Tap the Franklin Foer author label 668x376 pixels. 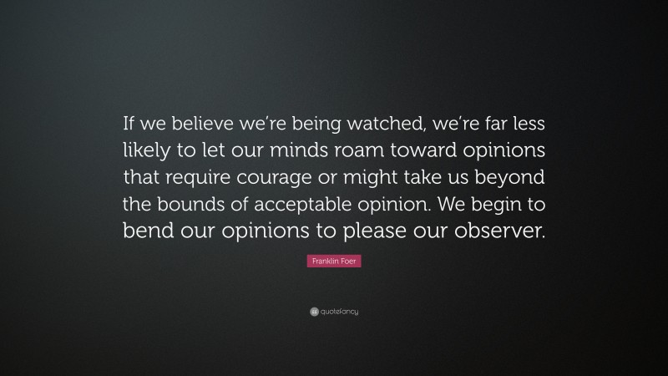coord(334,262)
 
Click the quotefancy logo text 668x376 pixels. coord(339,312)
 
